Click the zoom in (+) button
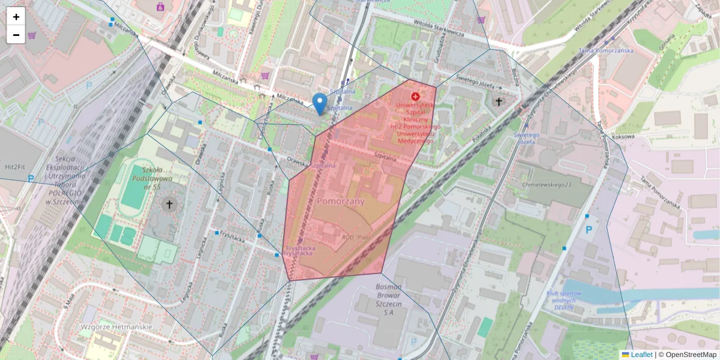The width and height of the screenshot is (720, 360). pos(16,17)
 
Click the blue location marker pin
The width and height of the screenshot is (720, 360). pos(320,104)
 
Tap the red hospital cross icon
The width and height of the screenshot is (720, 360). pos(415,96)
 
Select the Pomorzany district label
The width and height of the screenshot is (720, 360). pos(341,202)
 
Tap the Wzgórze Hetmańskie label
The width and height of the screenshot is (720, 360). pos(116,327)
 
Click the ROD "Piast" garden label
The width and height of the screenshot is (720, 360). pos(356,238)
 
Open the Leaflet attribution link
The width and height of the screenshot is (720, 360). pos(641,355)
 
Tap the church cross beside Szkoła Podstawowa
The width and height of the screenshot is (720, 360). pos(169,205)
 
